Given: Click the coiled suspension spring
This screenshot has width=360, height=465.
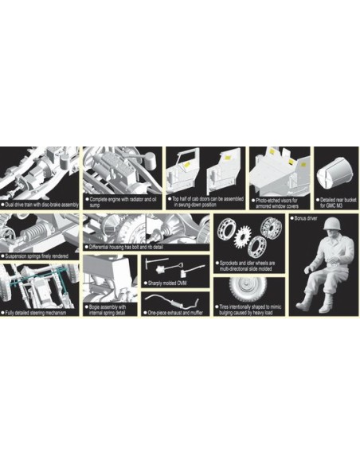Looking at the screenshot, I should coord(36,236).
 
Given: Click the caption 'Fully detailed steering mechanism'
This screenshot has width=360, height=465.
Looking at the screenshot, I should coord(41,312).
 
